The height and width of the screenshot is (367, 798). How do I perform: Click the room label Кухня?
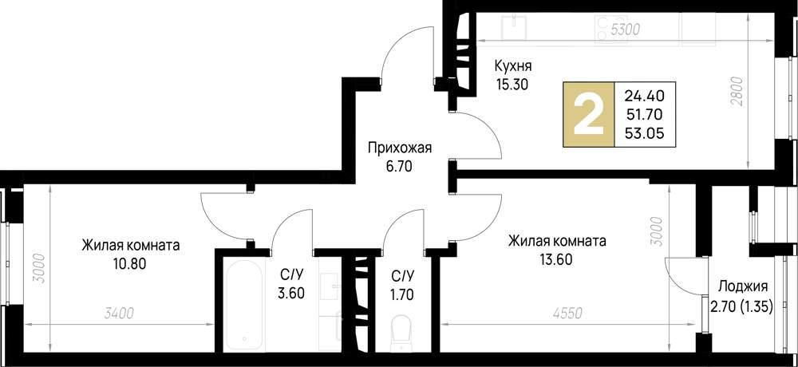tap(513, 66)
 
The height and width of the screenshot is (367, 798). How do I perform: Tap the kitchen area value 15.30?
tap(512, 83)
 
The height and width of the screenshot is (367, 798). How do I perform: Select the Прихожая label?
tap(399, 147)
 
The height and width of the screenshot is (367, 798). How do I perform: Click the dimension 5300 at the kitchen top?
tap(625, 30)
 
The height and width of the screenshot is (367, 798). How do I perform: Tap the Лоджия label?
tap(742, 287)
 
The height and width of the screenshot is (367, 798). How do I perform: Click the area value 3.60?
tap(290, 293)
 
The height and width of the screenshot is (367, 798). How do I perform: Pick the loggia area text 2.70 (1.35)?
tap(742, 305)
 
